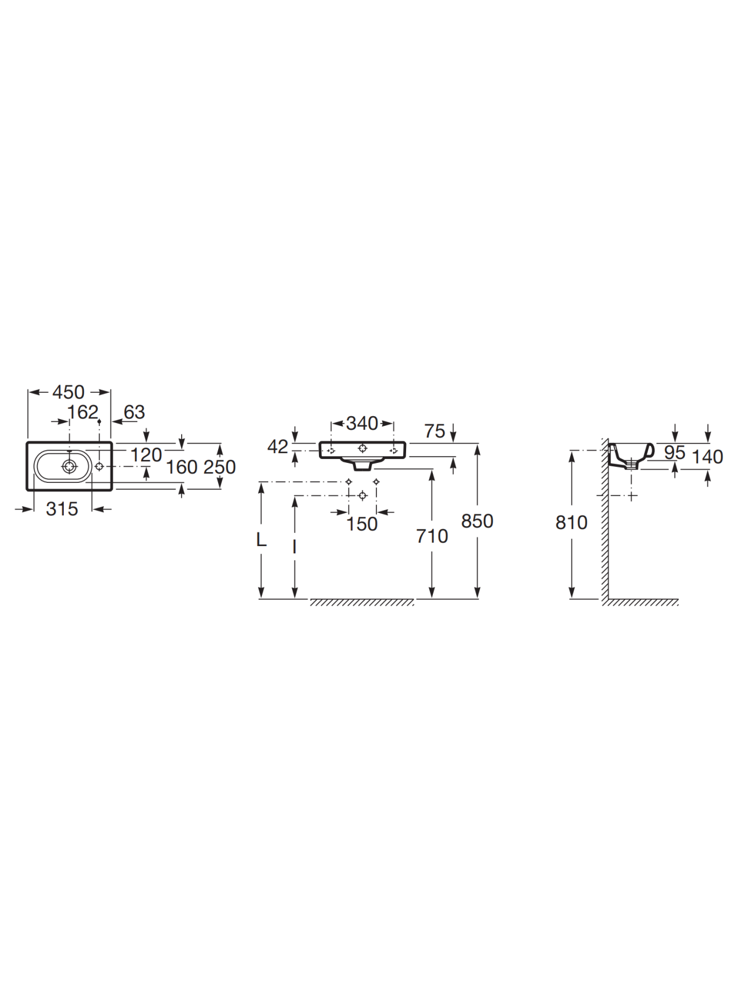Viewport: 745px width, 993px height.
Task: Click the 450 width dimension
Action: (68, 392)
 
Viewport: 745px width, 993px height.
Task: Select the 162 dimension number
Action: (83, 412)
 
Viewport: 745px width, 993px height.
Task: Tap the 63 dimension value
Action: (134, 412)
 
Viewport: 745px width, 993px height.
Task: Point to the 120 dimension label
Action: (146, 455)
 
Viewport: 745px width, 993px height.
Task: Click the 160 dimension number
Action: (182, 467)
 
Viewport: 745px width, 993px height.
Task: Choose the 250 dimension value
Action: (220, 467)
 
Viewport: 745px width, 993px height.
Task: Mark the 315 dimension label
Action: (62, 509)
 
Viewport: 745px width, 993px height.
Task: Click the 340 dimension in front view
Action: (362, 424)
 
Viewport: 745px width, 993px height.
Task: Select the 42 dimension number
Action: (278, 447)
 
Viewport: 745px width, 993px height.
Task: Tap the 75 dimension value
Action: (435, 432)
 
